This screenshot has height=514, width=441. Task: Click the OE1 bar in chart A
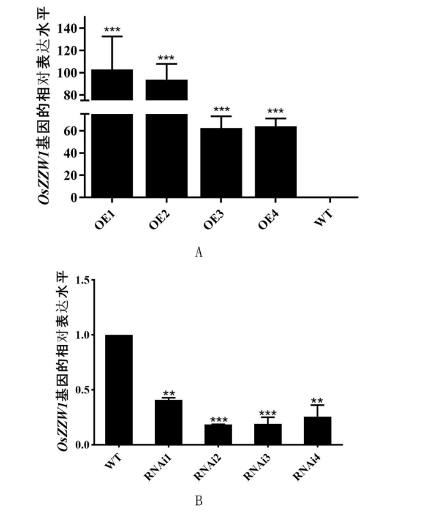[112, 136]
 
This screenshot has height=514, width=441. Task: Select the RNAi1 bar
[169, 423]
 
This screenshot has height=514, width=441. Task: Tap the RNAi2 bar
[218, 435]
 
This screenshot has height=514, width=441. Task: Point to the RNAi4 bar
[317, 431]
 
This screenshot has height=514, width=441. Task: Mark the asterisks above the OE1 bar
[112, 31]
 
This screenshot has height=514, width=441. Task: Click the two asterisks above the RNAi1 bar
[169, 394]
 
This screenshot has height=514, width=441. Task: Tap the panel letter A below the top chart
[199, 252]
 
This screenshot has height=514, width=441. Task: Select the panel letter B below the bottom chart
[199, 502]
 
